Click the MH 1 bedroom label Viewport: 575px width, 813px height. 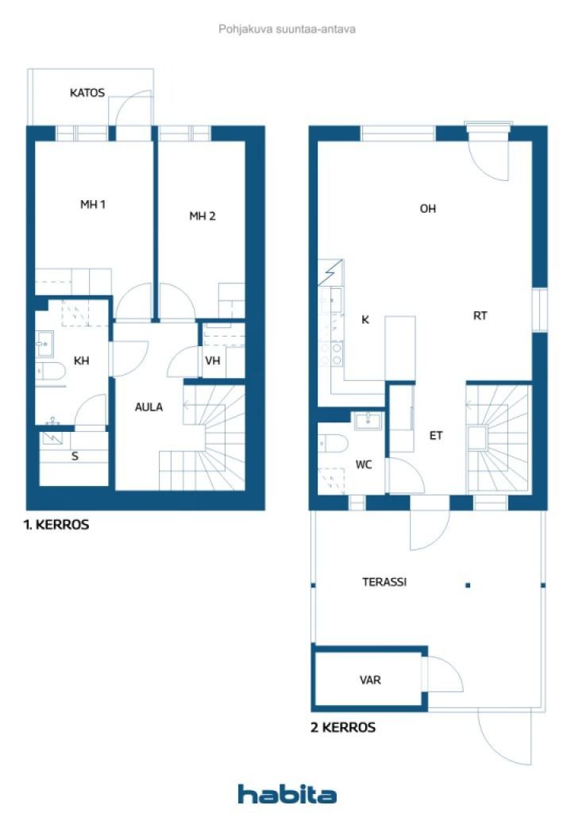click(93, 205)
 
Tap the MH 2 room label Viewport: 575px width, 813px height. click(202, 216)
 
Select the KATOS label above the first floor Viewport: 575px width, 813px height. click(87, 93)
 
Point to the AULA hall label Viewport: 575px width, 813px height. click(149, 407)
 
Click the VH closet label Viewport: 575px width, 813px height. click(212, 360)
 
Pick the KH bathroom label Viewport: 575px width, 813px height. click(81, 360)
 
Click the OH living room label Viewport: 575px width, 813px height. click(428, 209)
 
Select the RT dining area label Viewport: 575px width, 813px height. click(480, 315)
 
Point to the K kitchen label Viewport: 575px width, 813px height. click(365, 319)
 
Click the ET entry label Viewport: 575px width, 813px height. click(436, 435)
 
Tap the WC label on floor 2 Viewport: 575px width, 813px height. click(365, 464)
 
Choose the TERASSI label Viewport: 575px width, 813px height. click(384, 581)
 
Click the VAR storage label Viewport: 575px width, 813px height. click(370, 680)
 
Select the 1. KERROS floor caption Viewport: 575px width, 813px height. click(56, 525)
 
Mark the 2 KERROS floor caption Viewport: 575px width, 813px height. click(343, 726)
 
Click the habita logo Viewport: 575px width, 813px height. click(287, 793)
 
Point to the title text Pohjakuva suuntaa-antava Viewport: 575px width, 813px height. click(287, 29)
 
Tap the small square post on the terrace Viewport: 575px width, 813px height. click(468, 585)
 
